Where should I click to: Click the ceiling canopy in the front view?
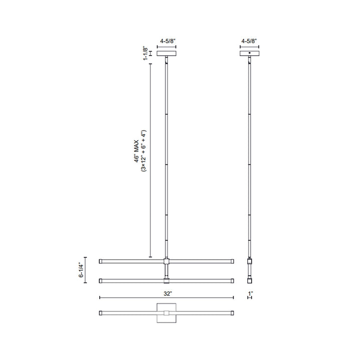[x=167, y=53]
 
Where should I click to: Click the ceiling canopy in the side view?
[x=249, y=53]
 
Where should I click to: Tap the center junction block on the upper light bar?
[x=166, y=261]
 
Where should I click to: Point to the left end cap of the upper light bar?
[x=101, y=261]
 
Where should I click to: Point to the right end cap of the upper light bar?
[x=232, y=261]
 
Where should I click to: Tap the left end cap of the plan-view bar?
[x=101, y=313]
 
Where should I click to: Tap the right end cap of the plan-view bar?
[x=232, y=313]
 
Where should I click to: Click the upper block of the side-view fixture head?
[x=249, y=261]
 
